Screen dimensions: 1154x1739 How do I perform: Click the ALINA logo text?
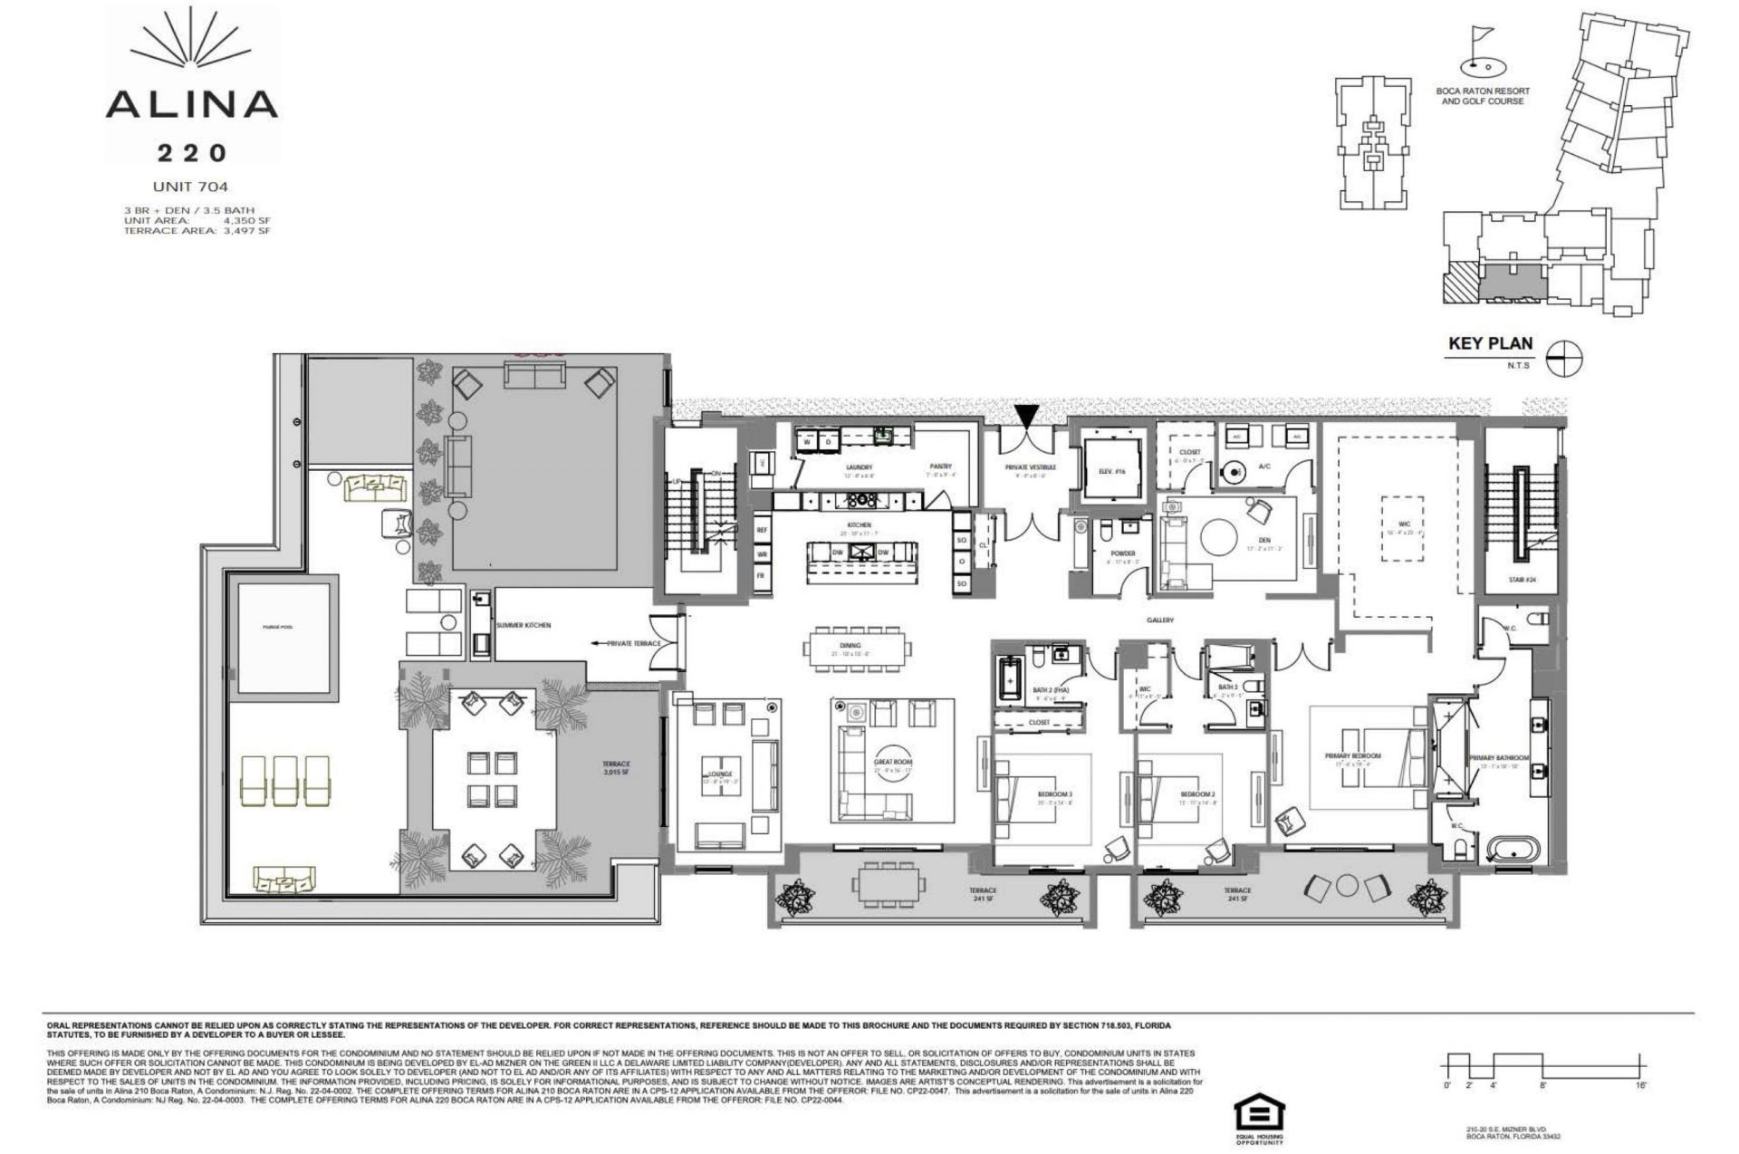tap(191, 103)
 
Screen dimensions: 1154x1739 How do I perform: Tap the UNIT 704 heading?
tap(191, 188)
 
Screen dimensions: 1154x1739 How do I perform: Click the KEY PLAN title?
tap(1490, 343)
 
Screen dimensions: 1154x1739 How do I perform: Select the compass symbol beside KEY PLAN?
tap(1564, 360)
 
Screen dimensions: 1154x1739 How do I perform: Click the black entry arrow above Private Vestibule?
tap(1025, 417)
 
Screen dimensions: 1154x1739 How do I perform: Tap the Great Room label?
tap(892, 763)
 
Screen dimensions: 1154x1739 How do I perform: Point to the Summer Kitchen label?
tap(524, 625)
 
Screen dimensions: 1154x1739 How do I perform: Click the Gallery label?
tap(1159, 620)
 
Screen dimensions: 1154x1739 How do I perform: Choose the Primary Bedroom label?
tap(1352, 755)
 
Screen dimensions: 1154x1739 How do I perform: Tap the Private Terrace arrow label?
tap(627, 643)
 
